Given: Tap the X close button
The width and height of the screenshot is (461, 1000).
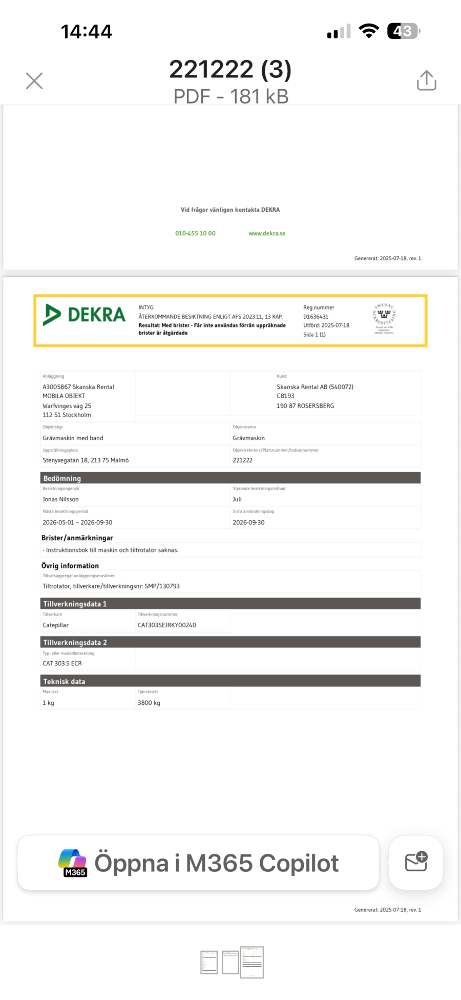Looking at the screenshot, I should point(34,80).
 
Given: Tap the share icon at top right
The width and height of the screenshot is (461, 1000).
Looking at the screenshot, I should point(426,80).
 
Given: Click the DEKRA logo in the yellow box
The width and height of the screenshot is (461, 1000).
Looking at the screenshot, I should point(85,315).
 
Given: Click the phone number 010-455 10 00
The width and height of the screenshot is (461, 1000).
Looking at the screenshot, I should point(195,233).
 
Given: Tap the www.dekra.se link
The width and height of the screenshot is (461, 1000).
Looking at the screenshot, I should point(267,233).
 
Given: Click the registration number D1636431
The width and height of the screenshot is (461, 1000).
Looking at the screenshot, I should point(316,317).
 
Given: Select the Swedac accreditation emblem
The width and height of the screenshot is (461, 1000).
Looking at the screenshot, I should point(384,318).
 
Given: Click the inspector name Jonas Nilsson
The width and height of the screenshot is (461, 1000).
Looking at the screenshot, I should point(60,499).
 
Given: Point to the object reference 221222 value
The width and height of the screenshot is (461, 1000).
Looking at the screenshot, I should point(242,460).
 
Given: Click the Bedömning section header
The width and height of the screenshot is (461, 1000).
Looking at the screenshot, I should point(62,478).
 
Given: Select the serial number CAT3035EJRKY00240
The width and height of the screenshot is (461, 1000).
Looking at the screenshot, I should point(166,625).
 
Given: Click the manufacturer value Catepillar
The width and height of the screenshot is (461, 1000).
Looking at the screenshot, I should point(55,625).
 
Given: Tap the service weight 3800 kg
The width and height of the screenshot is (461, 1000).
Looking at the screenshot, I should point(149,703).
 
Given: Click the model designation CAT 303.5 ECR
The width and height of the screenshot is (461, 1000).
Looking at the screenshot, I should point(62,663).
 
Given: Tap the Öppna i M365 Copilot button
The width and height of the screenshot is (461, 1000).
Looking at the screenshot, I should point(198,863).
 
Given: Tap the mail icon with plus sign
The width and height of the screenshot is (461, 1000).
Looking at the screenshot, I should point(416,862).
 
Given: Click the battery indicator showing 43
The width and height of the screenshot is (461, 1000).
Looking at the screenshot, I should point(403,31).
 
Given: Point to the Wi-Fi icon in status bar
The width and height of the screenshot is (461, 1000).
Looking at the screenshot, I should point(368,31).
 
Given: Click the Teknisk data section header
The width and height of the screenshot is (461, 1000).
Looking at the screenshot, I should point(64,681).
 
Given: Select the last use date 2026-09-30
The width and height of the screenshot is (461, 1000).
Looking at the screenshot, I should point(248,522).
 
